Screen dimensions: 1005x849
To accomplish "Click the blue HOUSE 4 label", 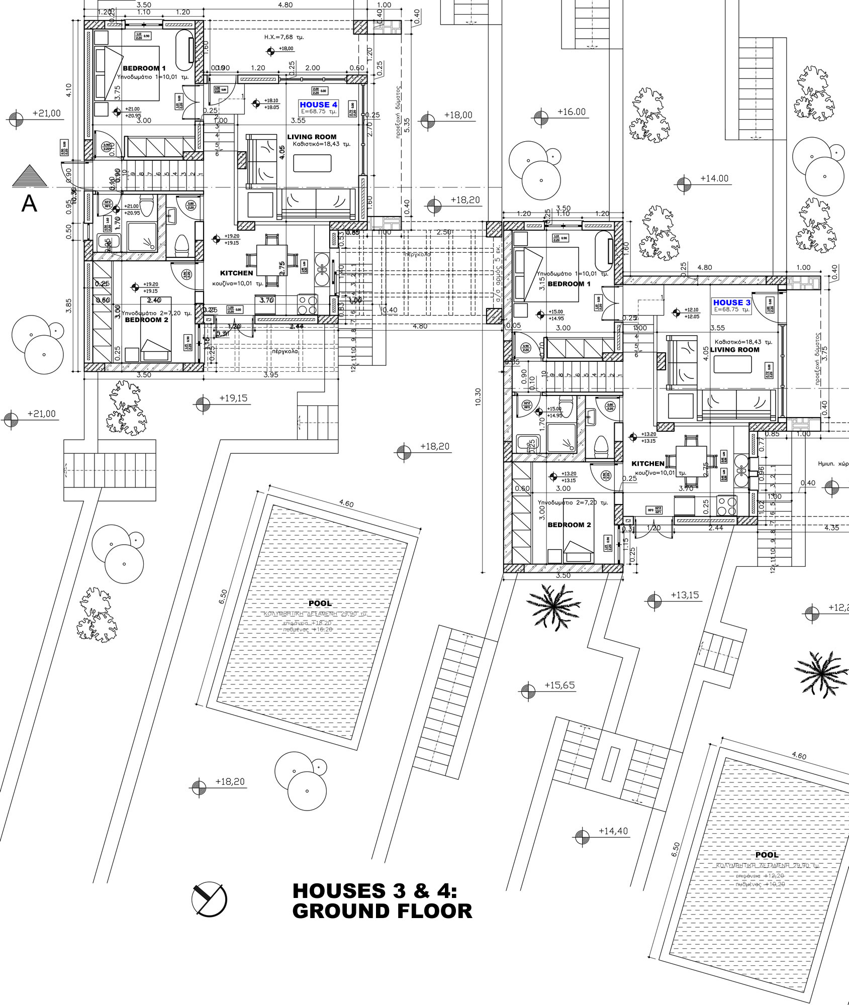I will (318, 105).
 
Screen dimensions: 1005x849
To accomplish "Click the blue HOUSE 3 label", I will (731, 303).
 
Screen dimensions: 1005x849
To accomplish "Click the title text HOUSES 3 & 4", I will (375, 891).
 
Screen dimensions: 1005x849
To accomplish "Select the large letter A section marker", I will (30, 204).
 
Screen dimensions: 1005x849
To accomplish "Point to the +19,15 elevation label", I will (233, 398).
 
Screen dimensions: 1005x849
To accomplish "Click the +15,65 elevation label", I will (559, 685).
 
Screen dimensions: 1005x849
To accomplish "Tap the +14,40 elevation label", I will (613, 831).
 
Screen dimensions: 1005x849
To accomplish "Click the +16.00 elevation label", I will (572, 112).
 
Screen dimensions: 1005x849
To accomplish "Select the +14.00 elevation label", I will (714, 178).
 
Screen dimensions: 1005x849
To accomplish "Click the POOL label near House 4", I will (320, 603).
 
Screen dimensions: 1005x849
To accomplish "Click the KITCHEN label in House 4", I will (237, 273).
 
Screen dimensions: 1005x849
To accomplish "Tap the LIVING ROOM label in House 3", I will (734, 350).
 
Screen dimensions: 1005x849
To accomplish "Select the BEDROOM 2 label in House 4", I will (147, 320).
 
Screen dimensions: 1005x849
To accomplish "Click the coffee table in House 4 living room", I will (312, 163).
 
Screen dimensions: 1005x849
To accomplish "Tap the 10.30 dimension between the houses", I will (478, 397).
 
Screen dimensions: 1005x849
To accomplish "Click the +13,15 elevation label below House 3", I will (685, 595).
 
